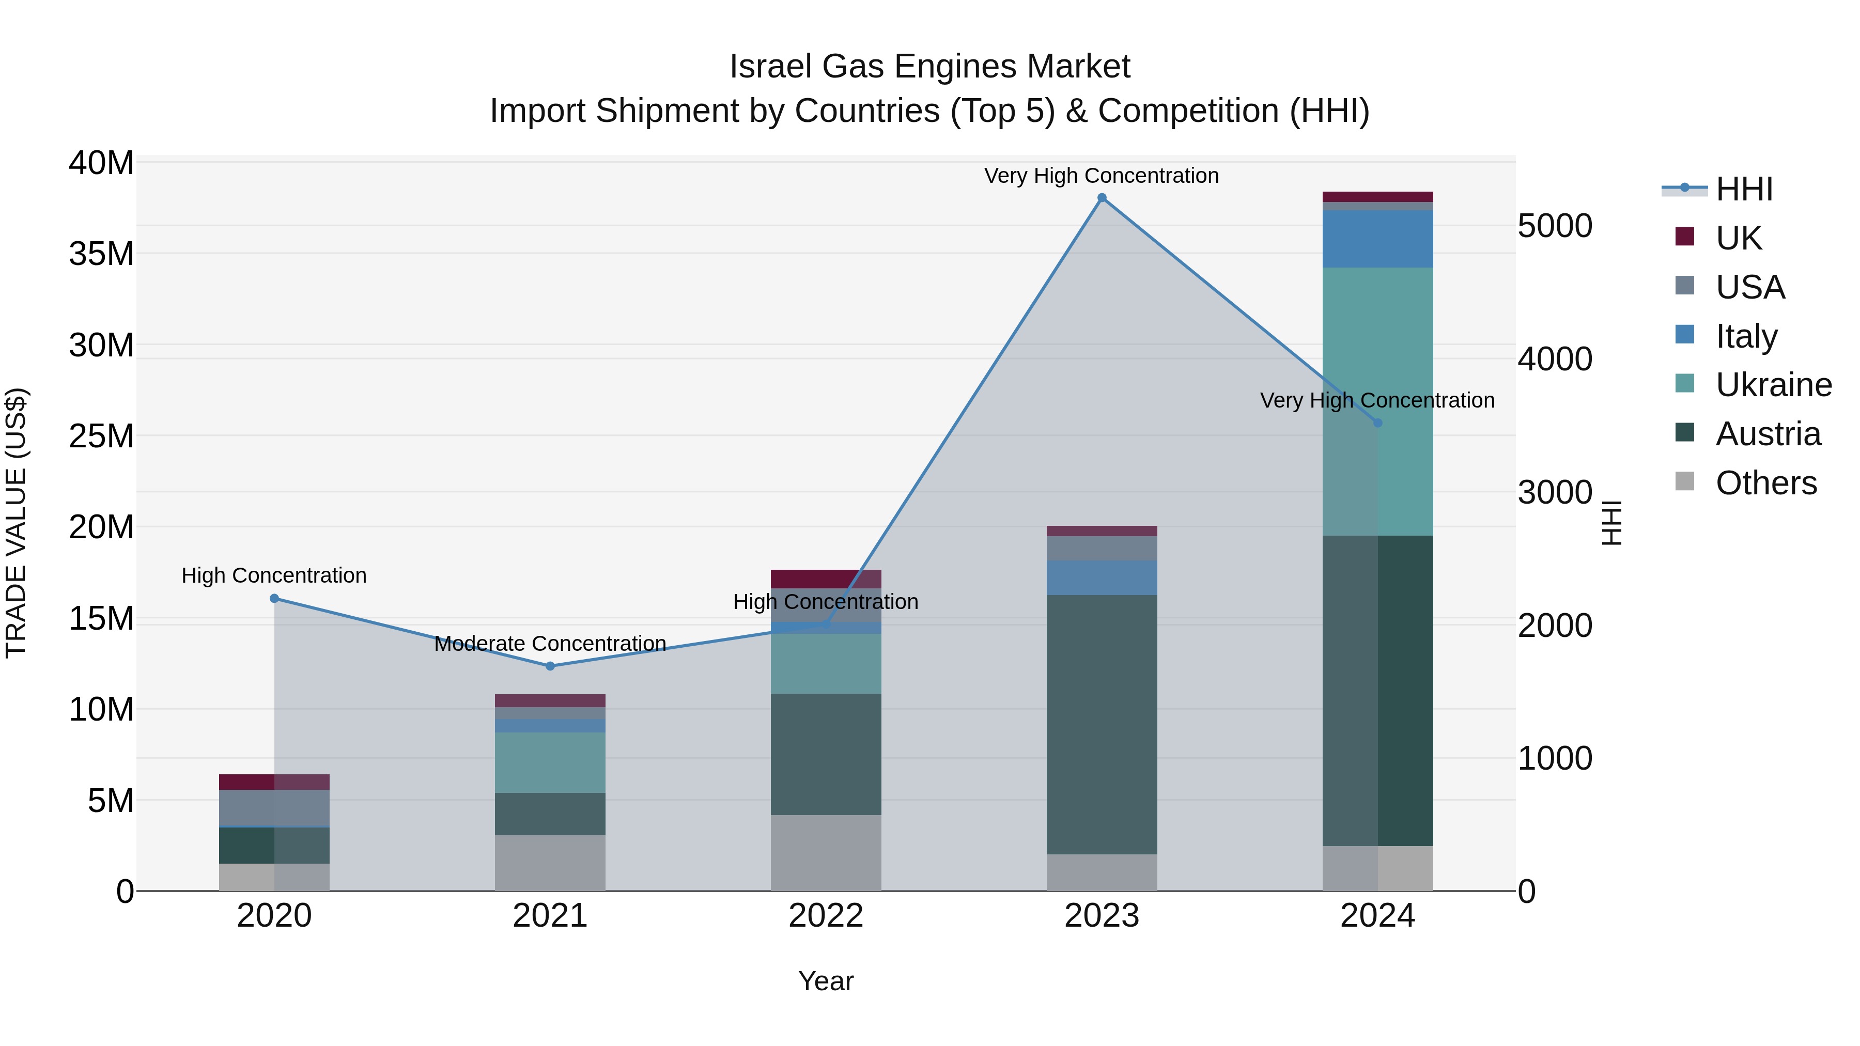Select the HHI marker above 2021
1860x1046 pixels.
550,666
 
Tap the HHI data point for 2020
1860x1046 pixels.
274,599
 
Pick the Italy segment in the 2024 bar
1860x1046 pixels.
1377,239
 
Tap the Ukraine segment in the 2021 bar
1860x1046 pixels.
550,762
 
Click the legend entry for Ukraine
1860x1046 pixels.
1773,385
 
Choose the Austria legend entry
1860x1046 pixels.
1767,434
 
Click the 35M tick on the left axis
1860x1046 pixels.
101,254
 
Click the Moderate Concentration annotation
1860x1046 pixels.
550,643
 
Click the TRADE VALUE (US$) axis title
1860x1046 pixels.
16,523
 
